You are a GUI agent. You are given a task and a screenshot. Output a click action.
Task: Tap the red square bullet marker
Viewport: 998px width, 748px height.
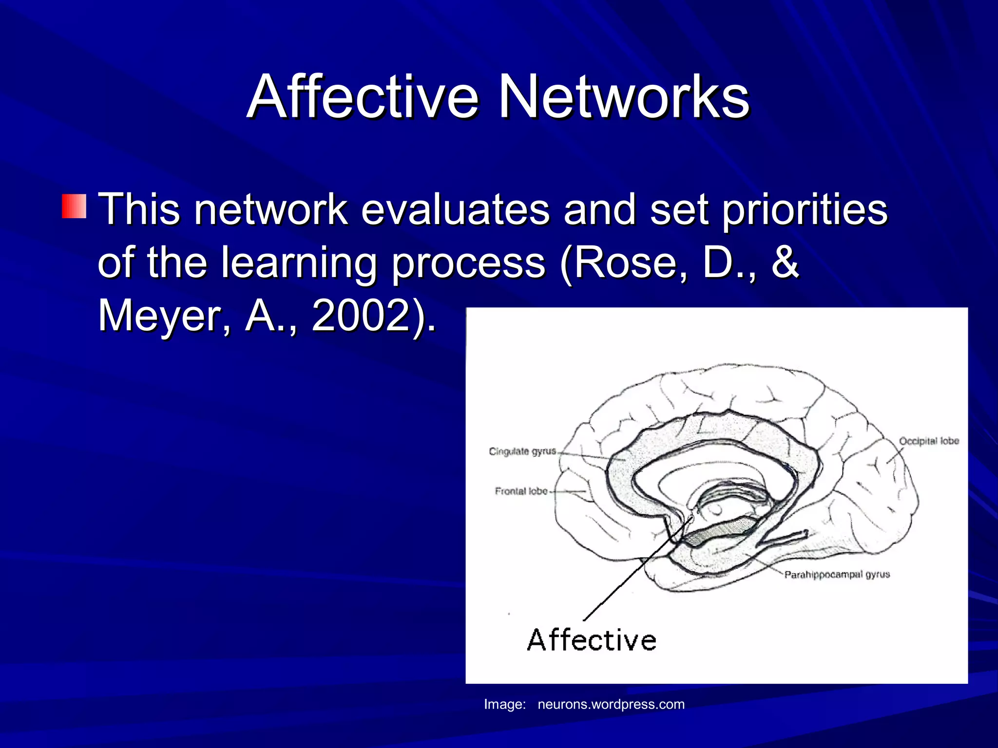pos(74,206)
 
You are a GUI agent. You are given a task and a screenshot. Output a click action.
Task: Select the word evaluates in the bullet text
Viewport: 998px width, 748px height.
pos(455,209)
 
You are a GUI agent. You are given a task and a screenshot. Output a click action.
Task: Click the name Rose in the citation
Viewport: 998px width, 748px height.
pos(624,263)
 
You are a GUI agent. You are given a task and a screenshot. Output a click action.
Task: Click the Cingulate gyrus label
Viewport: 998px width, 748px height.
pos(522,451)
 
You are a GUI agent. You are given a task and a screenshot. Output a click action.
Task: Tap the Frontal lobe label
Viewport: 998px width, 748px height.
pos(521,491)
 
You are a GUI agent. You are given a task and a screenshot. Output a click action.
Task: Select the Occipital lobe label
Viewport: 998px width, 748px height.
pos(928,441)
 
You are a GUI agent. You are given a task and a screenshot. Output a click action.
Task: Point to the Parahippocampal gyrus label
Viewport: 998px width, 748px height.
pos(837,575)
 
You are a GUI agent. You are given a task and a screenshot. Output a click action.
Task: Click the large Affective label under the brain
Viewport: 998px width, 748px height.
pos(592,640)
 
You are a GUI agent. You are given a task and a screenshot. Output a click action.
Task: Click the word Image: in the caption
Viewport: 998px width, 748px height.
pos(504,705)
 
